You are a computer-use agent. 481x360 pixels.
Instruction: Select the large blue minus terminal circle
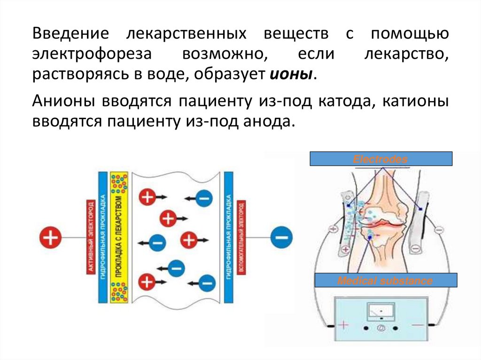pos(280,238)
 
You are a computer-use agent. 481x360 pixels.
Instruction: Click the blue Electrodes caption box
pos(380,159)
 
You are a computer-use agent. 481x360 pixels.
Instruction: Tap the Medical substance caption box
pos(385,281)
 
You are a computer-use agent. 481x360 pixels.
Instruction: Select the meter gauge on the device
pos(380,310)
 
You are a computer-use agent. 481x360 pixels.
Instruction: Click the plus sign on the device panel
pos(344,325)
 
